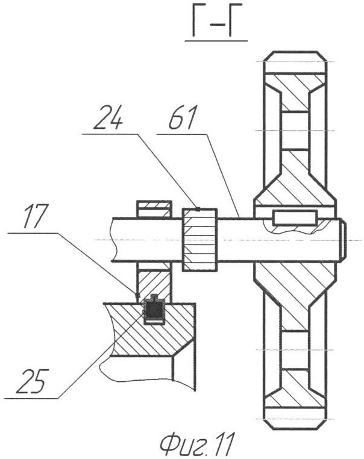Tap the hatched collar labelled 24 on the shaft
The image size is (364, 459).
199,239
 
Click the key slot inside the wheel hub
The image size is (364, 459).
294,218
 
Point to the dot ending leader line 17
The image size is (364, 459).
139,295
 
